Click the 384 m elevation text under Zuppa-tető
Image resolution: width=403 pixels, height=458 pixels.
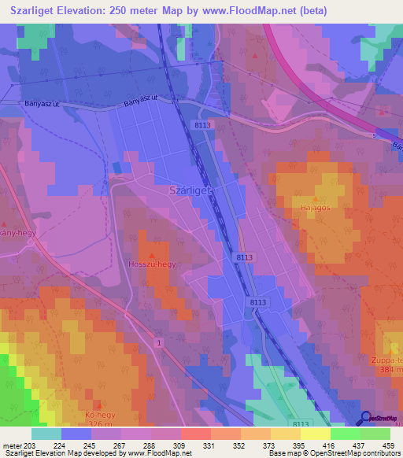(391, 370)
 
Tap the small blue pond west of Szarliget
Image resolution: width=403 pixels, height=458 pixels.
(117, 167)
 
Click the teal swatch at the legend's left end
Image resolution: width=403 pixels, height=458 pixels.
(46, 434)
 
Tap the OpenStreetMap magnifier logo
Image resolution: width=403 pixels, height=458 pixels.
(364, 418)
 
